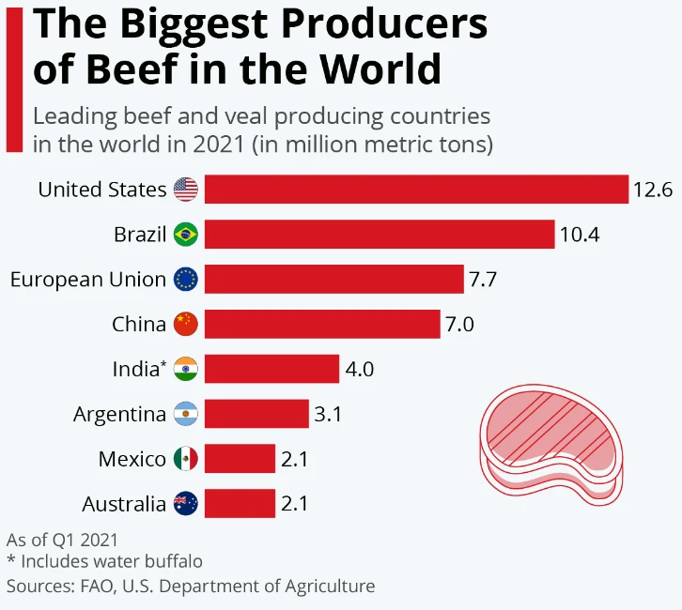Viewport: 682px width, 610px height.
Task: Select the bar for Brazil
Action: (x=380, y=234)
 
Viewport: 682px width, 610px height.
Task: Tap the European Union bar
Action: (x=334, y=279)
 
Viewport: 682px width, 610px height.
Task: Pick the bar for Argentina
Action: (x=256, y=414)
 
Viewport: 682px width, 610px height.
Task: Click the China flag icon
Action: (x=186, y=325)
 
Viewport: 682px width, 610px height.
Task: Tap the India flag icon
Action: (x=186, y=369)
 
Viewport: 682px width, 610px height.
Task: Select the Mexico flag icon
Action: (x=186, y=459)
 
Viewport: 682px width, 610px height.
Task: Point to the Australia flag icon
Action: (x=186, y=504)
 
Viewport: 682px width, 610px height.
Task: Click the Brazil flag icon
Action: (x=186, y=234)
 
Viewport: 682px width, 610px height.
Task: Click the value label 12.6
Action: (x=653, y=190)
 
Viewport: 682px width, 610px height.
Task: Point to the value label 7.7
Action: (x=486, y=279)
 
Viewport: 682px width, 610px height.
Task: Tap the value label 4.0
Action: (x=360, y=369)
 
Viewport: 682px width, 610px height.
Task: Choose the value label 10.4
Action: (x=580, y=234)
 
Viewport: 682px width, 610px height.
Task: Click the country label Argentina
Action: (x=119, y=414)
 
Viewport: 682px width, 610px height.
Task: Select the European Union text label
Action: (x=87, y=279)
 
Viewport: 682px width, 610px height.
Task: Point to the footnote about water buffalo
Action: (x=104, y=562)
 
